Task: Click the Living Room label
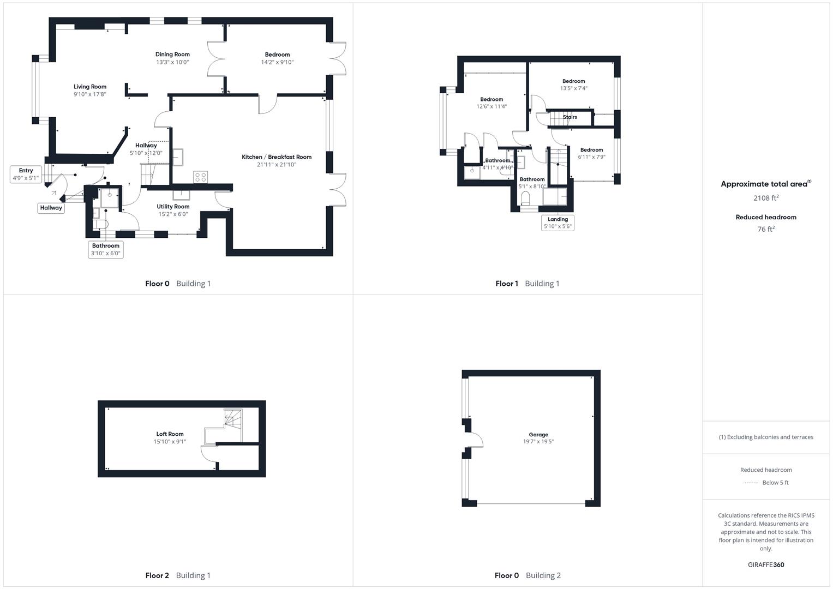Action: click(90, 87)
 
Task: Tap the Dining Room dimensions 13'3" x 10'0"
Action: click(172, 62)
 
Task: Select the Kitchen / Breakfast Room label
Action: click(277, 157)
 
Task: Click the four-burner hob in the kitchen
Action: click(200, 177)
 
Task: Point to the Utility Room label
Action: click(173, 207)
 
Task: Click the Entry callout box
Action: click(26, 175)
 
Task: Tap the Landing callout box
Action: click(558, 223)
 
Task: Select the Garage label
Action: click(538, 435)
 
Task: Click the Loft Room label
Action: click(170, 434)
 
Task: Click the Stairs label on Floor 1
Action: click(570, 117)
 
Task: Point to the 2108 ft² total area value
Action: click(766, 198)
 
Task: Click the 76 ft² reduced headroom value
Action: click(766, 229)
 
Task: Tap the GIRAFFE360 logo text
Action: click(766, 565)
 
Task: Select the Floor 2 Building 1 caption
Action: click(178, 575)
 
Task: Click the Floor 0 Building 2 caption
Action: click(528, 575)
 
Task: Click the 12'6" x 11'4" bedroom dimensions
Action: click(492, 107)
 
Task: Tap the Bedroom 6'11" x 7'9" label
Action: click(591, 150)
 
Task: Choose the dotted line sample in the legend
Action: click(751, 483)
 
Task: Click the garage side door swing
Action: click(475, 440)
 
